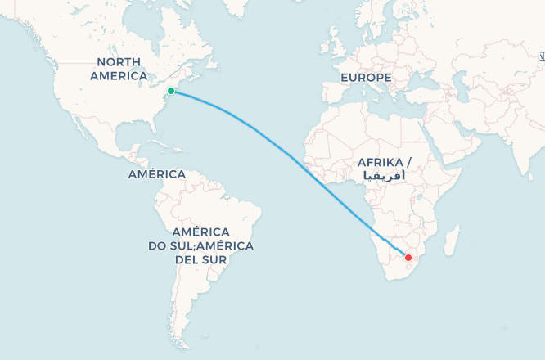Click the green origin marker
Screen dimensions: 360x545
click(x=170, y=91)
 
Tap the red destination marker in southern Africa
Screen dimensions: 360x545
click(x=408, y=258)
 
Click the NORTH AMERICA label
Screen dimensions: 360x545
click(x=119, y=69)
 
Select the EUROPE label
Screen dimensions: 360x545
click(x=366, y=78)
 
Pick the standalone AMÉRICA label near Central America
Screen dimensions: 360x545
click(x=156, y=174)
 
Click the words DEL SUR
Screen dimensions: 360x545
click(x=200, y=259)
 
